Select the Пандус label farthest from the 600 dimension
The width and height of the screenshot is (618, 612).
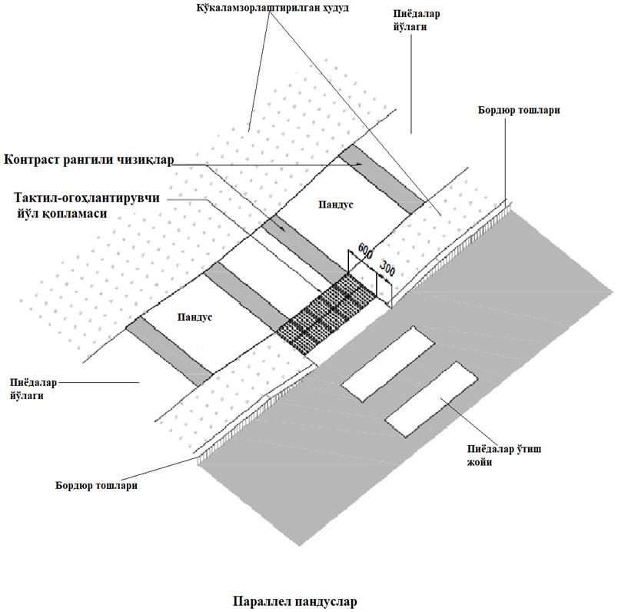(x=193, y=315)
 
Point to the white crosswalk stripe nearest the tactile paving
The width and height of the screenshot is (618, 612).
(x=380, y=364)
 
